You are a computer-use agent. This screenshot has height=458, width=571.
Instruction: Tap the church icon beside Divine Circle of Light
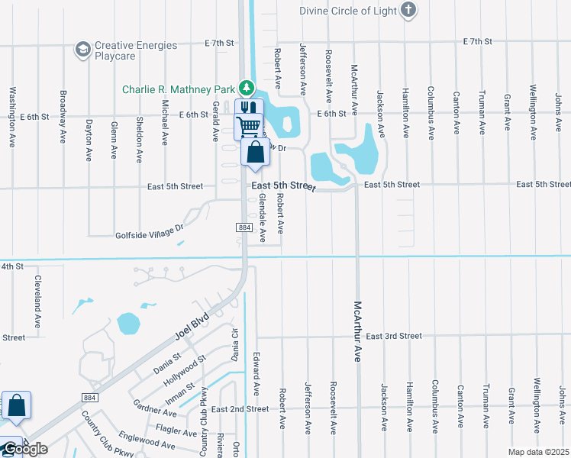409,9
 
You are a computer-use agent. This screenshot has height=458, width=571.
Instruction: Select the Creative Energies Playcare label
136,50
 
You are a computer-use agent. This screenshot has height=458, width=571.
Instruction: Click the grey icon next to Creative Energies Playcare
82,50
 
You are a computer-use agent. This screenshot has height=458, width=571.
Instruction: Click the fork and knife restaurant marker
248,109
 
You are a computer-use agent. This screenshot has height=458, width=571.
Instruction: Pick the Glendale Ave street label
261,218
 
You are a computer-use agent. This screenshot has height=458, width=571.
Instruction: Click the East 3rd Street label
393,336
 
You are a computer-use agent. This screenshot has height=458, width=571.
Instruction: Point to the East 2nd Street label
240,409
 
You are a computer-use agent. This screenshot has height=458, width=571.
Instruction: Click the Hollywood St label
190,370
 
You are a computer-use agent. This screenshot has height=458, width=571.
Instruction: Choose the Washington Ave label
12,117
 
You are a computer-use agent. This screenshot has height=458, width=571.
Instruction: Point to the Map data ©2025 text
537,452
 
